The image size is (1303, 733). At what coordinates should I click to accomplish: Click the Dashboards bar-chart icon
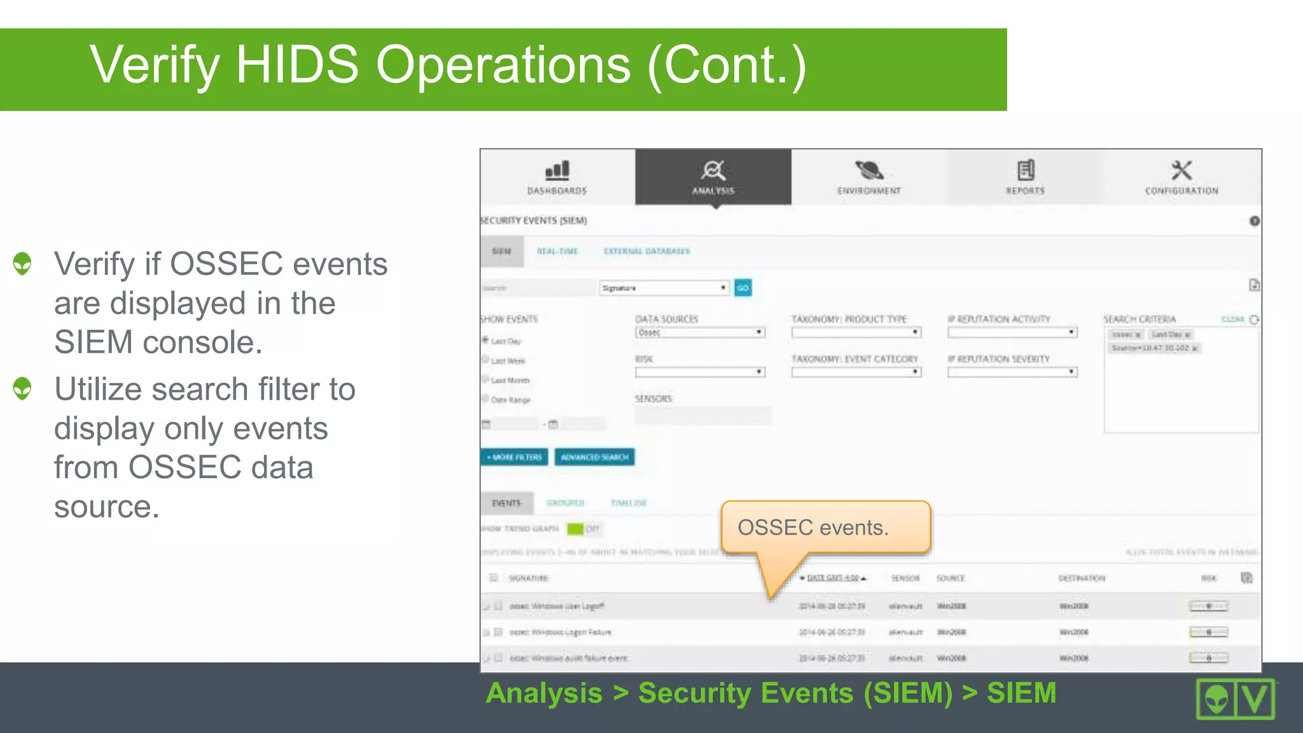557,170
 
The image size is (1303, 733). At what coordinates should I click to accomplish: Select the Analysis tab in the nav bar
713,177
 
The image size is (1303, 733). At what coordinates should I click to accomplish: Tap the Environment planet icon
869,170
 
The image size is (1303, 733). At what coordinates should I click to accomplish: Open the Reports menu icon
1026,170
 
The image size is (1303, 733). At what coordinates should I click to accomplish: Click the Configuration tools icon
1181,170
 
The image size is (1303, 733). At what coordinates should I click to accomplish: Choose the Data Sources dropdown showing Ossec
700,333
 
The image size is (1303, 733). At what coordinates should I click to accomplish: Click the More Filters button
514,457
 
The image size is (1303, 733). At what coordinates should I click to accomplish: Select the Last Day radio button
485,340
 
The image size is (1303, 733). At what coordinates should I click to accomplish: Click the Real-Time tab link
557,251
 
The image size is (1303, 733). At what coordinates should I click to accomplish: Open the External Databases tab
646,251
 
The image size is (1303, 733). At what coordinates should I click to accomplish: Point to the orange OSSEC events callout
825,527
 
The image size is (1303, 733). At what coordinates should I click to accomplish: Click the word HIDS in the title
297,65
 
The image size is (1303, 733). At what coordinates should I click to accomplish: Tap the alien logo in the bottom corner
1216,699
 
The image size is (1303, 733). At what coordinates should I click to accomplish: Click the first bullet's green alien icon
22,263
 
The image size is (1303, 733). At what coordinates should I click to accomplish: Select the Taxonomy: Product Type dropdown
856,333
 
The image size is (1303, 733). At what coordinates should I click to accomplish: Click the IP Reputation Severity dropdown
1012,372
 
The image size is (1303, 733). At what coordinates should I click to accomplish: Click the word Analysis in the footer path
544,693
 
